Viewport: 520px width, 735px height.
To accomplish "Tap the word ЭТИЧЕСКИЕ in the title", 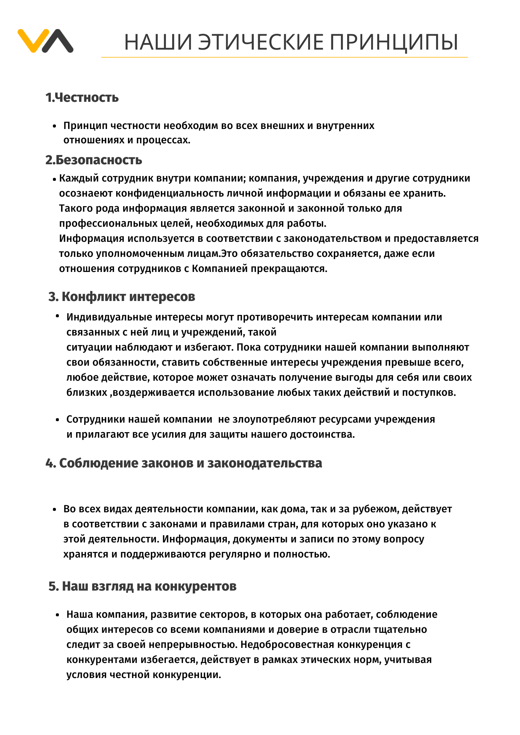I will click(x=261, y=42).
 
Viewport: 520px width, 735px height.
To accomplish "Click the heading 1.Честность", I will click(x=82, y=98).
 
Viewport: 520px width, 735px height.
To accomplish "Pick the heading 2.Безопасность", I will click(x=94, y=160).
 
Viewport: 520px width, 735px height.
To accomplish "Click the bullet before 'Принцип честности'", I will click(x=54, y=126).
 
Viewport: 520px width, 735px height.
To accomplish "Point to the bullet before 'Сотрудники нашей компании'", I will click(x=57, y=420).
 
